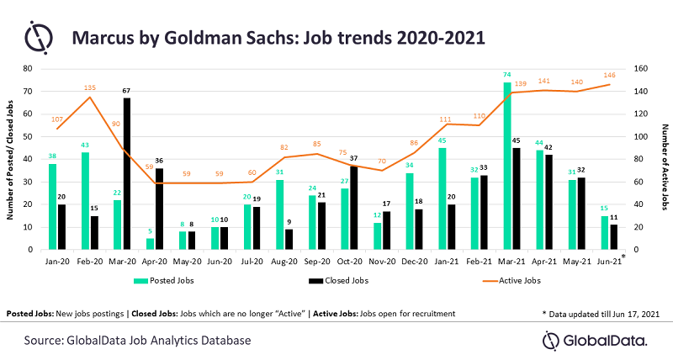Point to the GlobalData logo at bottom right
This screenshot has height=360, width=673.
(x=594, y=340)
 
